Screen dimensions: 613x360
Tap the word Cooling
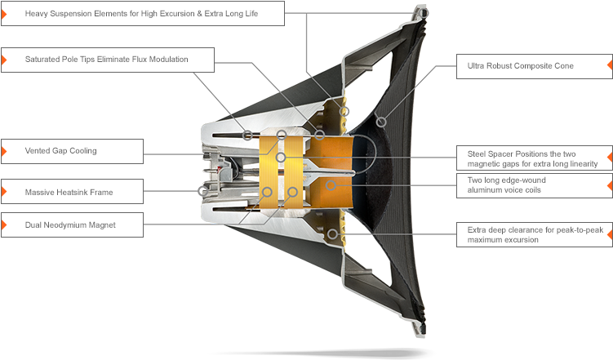(x=83, y=151)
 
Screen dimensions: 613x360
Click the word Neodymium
(x=64, y=225)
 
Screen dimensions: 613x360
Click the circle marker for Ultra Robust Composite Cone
(x=381, y=122)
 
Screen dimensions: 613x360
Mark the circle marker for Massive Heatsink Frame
(x=203, y=191)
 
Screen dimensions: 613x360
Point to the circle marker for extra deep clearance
(x=332, y=234)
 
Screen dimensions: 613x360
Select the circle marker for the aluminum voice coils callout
(x=331, y=184)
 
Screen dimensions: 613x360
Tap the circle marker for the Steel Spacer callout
(x=280, y=158)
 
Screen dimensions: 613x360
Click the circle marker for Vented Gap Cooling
(x=282, y=136)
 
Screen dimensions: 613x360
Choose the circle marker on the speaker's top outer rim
(x=424, y=13)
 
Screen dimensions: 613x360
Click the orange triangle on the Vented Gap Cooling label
(x=4, y=151)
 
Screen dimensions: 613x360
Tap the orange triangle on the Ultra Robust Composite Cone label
(x=610, y=64)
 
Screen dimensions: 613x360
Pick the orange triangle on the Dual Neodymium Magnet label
(x=4, y=224)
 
